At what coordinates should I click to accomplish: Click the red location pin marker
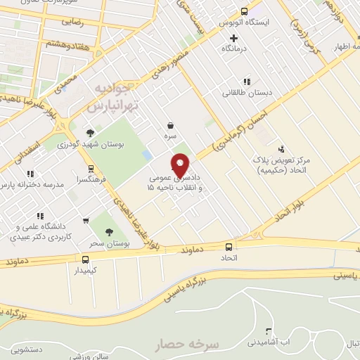(181, 165)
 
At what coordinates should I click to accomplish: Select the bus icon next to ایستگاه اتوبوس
(244, 11)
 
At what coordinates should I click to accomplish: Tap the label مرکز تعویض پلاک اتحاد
(283, 165)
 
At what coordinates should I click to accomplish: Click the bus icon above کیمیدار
(85, 258)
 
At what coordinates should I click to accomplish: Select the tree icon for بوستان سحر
(108, 232)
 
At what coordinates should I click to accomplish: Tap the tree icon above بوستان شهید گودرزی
(89, 132)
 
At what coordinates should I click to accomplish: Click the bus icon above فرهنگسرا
(90, 169)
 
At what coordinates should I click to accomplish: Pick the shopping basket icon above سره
(171, 120)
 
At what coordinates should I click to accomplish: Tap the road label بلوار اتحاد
(285, 214)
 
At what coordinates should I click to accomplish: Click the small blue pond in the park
(146, 154)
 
